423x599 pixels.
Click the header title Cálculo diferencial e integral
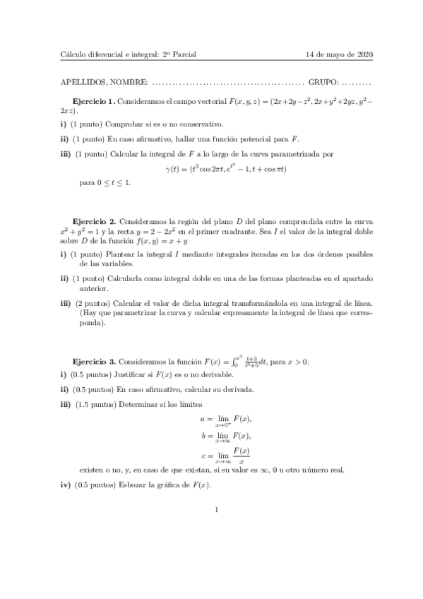110,55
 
